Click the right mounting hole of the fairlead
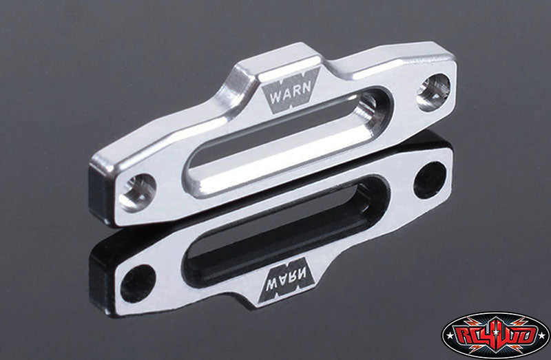point(436,85)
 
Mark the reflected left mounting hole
point(137,281)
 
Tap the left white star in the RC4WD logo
point(449,335)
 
